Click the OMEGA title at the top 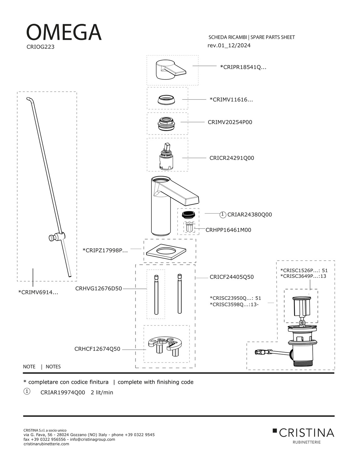64,32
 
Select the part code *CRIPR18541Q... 243,67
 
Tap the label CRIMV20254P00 230,122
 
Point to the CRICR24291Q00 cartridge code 232,158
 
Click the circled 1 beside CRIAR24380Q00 223,214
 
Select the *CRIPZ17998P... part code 105,250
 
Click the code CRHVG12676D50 98,288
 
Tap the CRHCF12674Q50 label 97,349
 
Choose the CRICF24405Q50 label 232,277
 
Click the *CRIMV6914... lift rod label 38,292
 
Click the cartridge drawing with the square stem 167,155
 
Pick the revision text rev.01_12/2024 229,45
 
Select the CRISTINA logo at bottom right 303,433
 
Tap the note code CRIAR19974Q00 63,392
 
